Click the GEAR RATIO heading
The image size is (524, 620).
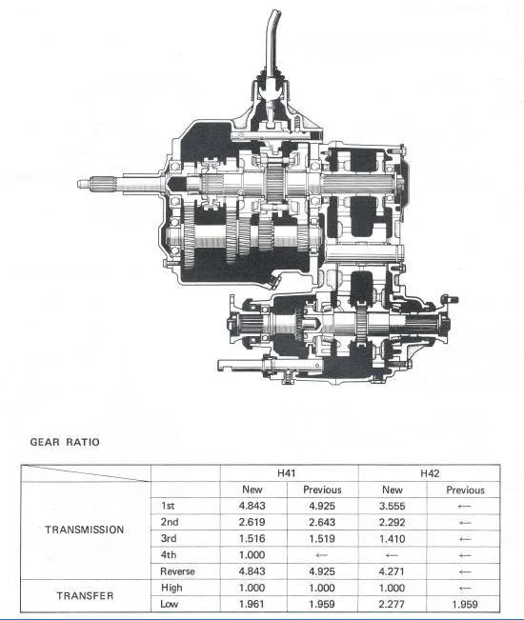(x=65, y=442)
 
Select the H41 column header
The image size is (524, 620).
(x=287, y=473)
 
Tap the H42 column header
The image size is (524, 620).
(x=430, y=473)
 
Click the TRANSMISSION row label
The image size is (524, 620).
(x=84, y=530)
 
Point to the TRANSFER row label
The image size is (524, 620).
(x=85, y=595)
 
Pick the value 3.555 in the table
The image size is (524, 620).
(x=392, y=506)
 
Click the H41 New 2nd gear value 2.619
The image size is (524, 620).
(x=252, y=522)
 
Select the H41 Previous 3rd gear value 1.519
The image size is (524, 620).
(x=322, y=538)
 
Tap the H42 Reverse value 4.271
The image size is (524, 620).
(x=392, y=571)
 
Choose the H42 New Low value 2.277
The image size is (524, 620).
(x=392, y=604)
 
